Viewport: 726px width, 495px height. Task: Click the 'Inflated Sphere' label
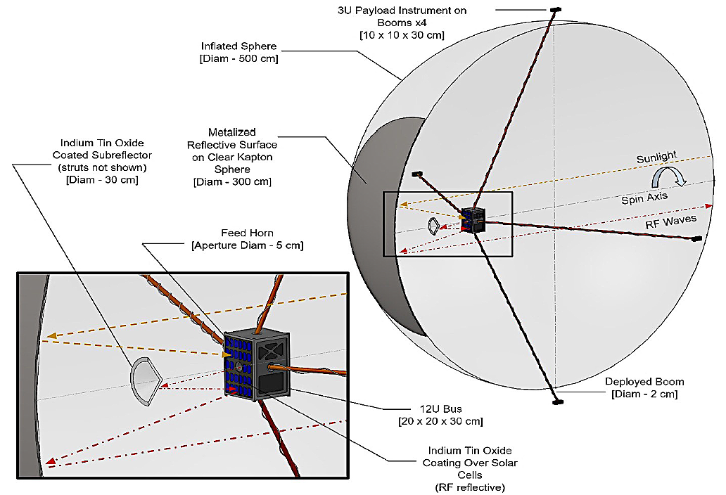pyautogui.click(x=240, y=46)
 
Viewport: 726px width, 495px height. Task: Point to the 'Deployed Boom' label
pyautogui.click(x=644, y=382)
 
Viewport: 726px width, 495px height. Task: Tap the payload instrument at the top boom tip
pyautogui.click(x=556, y=9)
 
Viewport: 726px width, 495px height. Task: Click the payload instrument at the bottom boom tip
pyautogui.click(x=557, y=402)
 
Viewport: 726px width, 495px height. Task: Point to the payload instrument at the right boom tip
pyautogui.click(x=696, y=239)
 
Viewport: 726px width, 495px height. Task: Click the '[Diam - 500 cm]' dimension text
pyautogui.click(x=240, y=58)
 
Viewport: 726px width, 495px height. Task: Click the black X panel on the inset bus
pyautogui.click(x=272, y=349)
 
